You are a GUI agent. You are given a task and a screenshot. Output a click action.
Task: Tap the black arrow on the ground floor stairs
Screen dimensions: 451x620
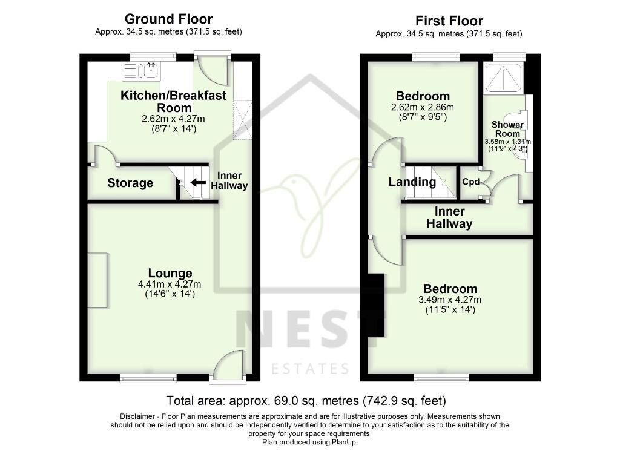point(197,182)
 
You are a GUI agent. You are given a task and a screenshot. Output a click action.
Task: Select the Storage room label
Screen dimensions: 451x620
point(130,183)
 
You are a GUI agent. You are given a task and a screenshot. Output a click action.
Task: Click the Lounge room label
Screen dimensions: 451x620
point(170,273)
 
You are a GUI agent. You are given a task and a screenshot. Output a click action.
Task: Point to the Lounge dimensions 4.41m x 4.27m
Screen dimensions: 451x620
point(170,284)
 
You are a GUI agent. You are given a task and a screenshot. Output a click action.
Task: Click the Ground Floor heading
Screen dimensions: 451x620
point(168,19)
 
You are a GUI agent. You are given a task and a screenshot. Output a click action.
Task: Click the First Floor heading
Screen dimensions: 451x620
point(449,21)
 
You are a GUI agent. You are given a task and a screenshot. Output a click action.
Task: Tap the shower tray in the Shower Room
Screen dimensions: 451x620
point(503,77)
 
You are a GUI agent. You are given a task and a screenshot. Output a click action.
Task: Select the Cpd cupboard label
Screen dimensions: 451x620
point(471,182)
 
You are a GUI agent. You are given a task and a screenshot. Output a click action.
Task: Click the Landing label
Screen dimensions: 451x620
point(412,182)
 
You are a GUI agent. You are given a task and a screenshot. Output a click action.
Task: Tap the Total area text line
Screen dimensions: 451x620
point(306,401)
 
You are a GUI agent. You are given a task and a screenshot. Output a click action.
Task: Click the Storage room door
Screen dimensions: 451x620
point(104,155)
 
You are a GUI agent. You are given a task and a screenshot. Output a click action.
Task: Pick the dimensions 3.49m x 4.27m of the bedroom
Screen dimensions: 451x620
point(450,300)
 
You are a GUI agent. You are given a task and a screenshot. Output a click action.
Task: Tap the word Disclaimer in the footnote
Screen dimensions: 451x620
point(140,416)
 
